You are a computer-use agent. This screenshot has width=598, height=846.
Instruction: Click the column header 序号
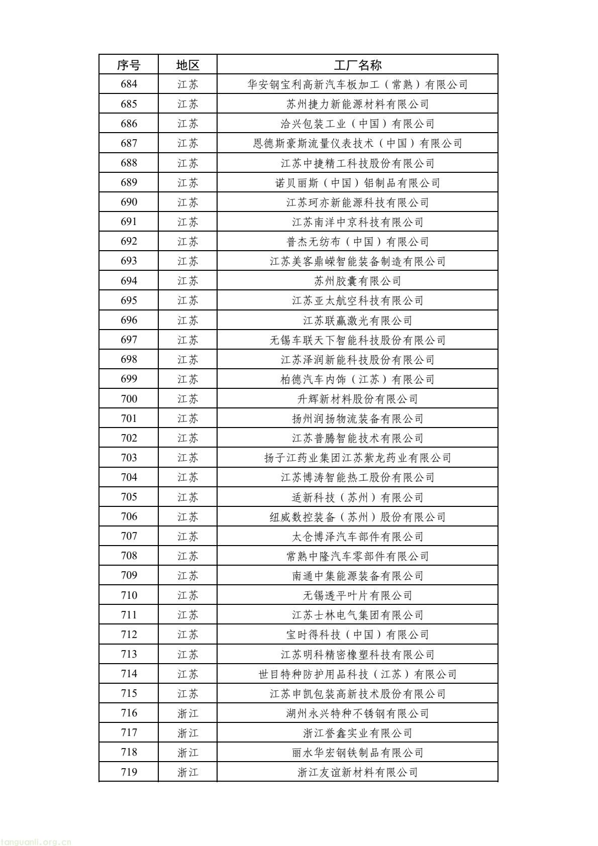coord(129,65)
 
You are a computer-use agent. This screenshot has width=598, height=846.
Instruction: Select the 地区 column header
coord(188,65)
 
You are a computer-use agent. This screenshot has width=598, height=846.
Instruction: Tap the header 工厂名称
coord(357,65)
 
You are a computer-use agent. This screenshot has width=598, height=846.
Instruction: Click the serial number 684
coord(129,84)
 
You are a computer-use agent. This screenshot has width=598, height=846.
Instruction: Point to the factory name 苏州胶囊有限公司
coord(357,281)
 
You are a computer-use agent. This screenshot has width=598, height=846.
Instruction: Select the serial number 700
coord(129,399)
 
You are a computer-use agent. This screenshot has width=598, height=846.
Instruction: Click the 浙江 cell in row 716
coord(188,713)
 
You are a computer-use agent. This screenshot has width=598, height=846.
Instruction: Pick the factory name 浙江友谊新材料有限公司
coord(357,772)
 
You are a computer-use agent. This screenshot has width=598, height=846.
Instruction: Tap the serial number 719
coord(129,772)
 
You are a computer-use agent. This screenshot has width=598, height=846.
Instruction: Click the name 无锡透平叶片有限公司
coord(357,595)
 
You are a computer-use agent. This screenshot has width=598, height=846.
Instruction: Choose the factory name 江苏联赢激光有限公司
coord(357,321)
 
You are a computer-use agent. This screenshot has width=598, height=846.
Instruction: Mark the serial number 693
coord(129,261)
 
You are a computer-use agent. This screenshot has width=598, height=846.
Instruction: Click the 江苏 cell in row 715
coord(188,694)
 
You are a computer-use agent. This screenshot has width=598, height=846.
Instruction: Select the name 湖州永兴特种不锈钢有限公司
coord(357,713)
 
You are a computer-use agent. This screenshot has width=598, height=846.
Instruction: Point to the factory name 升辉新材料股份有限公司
coord(357,399)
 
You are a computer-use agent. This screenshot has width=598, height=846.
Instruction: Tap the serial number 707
coord(129,536)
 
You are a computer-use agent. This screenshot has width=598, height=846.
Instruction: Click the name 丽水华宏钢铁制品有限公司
coord(357,753)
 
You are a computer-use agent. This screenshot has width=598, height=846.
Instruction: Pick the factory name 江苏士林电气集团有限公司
coord(357,615)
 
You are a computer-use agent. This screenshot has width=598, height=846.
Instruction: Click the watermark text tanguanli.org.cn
coord(36,841)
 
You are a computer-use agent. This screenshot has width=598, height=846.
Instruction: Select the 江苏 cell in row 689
coord(188,182)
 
